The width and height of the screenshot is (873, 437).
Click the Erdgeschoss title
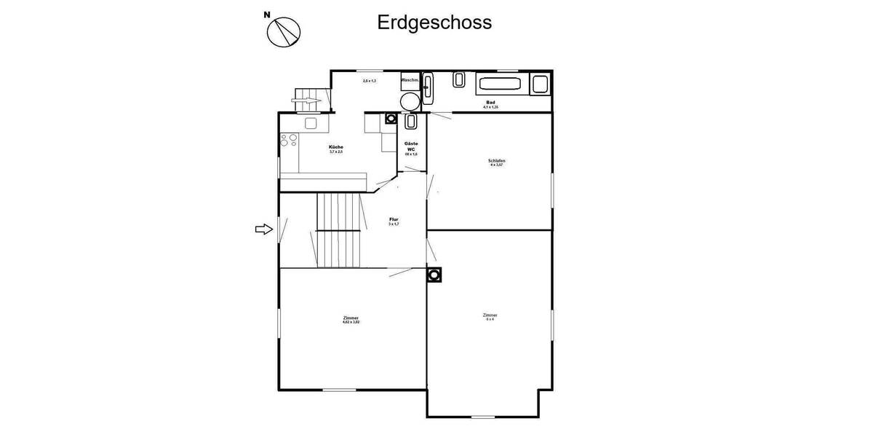pyautogui.click(x=434, y=23)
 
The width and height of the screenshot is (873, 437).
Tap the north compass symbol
pyautogui.click(x=284, y=31)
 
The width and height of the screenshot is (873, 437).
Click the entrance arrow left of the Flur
pyautogui.click(x=263, y=229)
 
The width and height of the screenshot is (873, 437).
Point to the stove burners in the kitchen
pyautogui.click(x=287, y=140)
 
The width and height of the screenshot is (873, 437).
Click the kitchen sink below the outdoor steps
pyautogui.click(x=311, y=123)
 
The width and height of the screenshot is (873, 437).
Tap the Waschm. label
pyautogui.click(x=410, y=79)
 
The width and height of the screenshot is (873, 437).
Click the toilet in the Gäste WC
pyautogui.click(x=410, y=121)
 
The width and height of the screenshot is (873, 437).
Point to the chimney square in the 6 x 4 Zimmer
pyautogui.click(x=434, y=275)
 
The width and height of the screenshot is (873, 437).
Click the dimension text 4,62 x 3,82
pyautogui.click(x=351, y=321)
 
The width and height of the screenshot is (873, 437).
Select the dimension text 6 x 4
pyautogui.click(x=490, y=319)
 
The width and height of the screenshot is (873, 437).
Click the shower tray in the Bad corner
pyautogui.click(x=539, y=84)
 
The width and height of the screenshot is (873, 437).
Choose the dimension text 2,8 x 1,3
pyautogui.click(x=370, y=81)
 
